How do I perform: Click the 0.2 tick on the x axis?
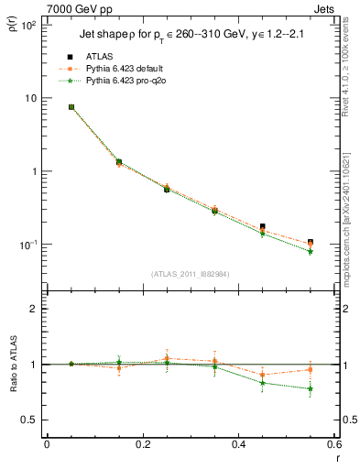142,444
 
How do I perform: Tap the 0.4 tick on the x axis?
238,444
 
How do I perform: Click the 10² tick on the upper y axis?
28,25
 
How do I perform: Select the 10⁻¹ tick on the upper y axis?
28,245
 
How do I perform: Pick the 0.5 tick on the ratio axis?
31,420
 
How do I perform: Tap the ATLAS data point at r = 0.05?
71,107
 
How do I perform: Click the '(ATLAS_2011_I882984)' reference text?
191,273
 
